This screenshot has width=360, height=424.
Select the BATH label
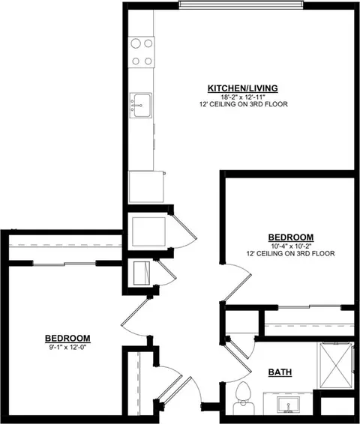pos(280,372)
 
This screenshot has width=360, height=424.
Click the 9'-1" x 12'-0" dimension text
pos(67,346)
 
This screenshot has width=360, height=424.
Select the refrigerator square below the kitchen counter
pos(146,185)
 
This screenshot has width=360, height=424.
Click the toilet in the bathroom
pos(242,395)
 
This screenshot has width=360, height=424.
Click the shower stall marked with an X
pos(335,365)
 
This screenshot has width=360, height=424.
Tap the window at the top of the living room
pos(241,7)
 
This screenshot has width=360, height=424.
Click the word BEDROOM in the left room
pos(67,338)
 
